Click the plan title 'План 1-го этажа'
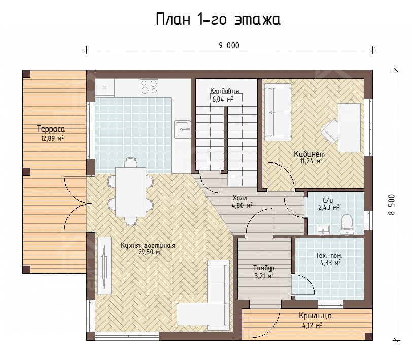pyautogui.click(x=218, y=19)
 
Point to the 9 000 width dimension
pyautogui.click(x=229, y=45)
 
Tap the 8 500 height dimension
pyautogui.click(x=391, y=205)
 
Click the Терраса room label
pyautogui.click(x=51, y=129)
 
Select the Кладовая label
pyautogui.click(x=224, y=91)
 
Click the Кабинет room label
pyautogui.click(x=309, y=154)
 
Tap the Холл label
pyautogui.click(x=240, y=198)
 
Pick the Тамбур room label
pyautogui.click(x=264, y=268)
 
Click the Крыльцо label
pyautogui.click(x=315, y=316)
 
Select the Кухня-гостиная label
pyautogui.click(x=148, y=246)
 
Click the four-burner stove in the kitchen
pyautogui.click(x=149, y=87)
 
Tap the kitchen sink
pyautogui.click(x=182, y=129)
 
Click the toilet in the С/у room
pyautogui.click(x=347, y=224)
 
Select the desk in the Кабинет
pyautogui.click(x=349, y=127)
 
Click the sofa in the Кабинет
pyautogui.click(x=278, y=112)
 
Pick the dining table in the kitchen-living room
pyautogui.click(x=130, y=192)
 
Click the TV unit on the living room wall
pyautogui.click(x=105, y=265)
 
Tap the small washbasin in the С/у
pyautogui.click(x=323, y=230)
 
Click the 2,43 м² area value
pyautogui.click(x=329, y=207)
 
